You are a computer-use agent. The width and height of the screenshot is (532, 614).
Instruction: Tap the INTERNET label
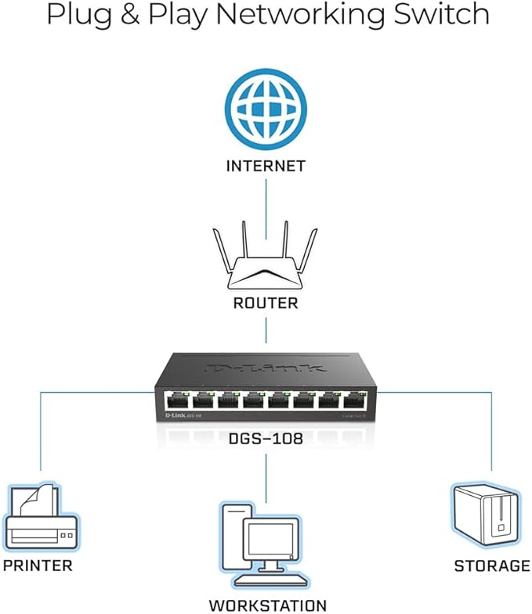[265, 166]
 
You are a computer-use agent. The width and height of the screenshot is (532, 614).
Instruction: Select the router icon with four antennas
[265, 263]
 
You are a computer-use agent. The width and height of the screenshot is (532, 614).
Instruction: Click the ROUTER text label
[266, 303]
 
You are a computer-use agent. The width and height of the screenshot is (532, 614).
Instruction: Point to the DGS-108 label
[266, 440]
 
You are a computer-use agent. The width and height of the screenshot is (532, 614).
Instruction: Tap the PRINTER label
[37, 565]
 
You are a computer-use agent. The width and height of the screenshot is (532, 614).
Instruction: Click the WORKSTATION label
[267, 605]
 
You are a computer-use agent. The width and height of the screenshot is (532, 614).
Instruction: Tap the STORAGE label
[492, 565]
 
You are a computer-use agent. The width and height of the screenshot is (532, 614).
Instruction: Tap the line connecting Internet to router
[266, 203]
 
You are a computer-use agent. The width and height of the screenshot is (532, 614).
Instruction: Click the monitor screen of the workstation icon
[270, 540]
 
